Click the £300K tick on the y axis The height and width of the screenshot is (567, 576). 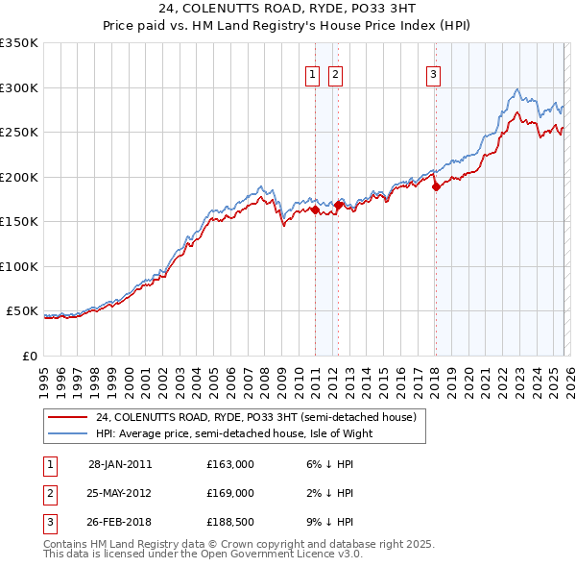[19, 87]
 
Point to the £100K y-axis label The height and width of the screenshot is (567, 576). [19, 266]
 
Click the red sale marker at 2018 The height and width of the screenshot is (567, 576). [436, 187]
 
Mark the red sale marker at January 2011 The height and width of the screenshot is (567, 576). [316, 210]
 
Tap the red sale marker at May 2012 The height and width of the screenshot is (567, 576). [338, 205]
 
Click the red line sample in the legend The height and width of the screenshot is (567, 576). [67, 418]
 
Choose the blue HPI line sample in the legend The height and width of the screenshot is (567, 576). [67, 433]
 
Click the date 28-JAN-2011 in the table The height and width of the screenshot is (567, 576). [120, 464]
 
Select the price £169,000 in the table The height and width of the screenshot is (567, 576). [230, 493]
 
